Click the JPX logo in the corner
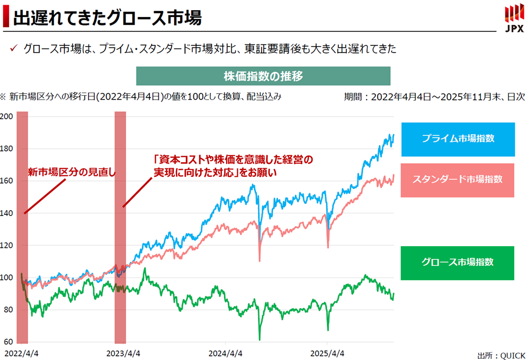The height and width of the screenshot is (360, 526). (512, 17)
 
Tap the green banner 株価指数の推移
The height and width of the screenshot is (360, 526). (263, 76)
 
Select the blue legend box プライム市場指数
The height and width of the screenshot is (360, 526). (458, 139)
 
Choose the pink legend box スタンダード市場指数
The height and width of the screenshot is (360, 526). (458, 179)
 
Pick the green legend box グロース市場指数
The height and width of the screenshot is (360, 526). (458, 263)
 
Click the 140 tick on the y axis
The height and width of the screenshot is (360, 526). (6, 213)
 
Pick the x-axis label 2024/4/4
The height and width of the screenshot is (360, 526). (226, 352)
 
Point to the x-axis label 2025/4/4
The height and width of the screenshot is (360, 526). (327, 352)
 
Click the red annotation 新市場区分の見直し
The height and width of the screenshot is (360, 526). (72, 172)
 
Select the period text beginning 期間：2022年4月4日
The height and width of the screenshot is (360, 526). (434, 97)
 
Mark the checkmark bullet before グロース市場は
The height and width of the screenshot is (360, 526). (14, 49)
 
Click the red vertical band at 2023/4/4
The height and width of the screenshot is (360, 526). (120, 228)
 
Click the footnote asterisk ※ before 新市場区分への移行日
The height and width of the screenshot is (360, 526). (3, 97)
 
